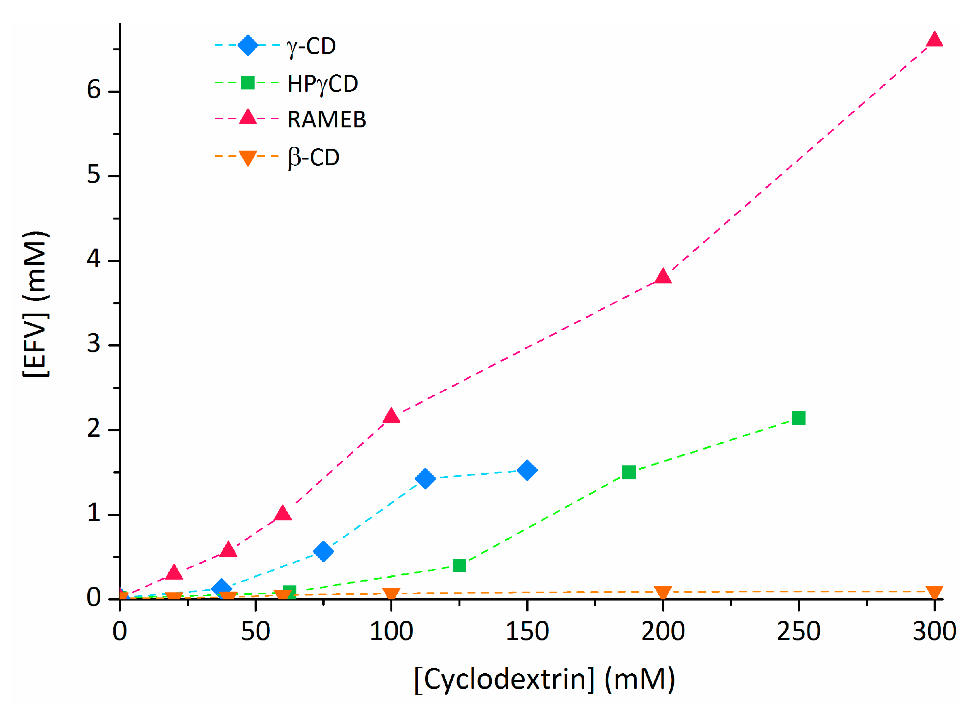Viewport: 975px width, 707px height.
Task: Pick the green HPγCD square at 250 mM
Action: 798,418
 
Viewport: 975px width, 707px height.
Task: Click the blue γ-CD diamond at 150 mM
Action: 527,470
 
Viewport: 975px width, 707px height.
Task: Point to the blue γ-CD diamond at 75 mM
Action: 323,552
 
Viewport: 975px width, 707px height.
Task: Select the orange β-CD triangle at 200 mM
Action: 663,592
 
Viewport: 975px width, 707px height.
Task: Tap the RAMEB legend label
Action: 327,119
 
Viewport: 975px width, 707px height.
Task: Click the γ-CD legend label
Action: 311,46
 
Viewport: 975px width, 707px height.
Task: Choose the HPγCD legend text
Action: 322,83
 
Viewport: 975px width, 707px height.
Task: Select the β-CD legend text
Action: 313,157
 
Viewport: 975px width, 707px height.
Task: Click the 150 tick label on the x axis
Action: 527,631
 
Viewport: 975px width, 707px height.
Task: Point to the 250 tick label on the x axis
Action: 798,631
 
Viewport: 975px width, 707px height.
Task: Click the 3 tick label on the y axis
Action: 94,344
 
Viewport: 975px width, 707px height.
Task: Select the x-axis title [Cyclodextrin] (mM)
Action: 545,680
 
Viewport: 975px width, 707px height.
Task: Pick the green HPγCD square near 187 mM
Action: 629,472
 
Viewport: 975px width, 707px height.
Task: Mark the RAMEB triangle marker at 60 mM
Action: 282,514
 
